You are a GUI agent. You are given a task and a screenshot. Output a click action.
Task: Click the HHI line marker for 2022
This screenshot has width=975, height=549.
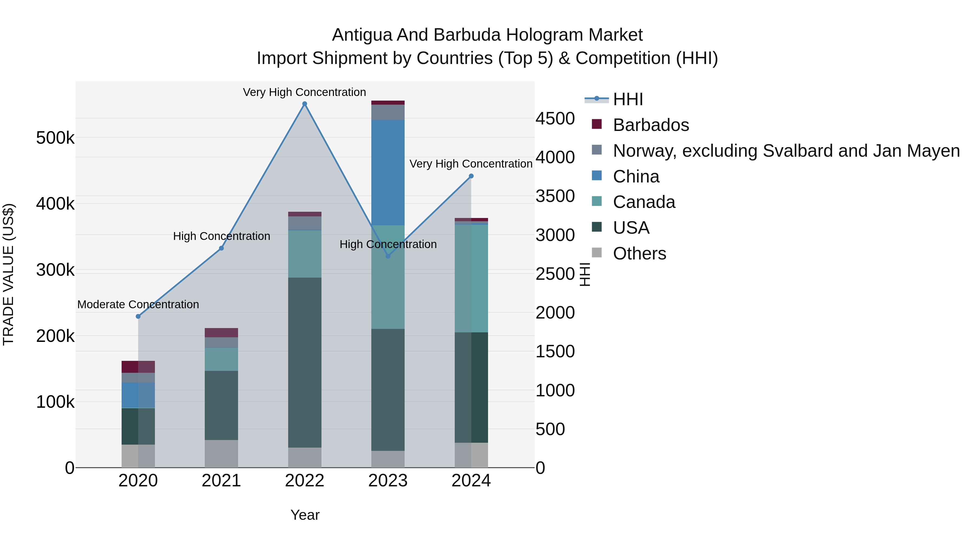tap(305, 104)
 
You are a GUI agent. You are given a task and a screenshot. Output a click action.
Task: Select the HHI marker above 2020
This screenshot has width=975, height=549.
tap(138, 316)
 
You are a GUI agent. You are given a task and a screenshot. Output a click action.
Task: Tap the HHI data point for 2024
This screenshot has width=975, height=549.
tap(471, 176)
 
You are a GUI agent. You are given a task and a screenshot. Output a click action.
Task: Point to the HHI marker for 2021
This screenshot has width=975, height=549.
tap(222, 248)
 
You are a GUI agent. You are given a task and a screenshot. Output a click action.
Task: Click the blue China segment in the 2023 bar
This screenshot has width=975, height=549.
tap(388, 172)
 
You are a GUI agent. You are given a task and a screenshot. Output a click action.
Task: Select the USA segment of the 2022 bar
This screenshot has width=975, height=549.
tap(305, 362)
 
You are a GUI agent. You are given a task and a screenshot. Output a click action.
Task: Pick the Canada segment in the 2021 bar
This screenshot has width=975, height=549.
tap(222, 359)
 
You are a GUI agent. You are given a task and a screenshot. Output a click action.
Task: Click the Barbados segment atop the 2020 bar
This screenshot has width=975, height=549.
tap(138, 367)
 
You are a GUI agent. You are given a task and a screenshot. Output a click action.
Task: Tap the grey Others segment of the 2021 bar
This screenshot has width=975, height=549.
tap(222, 454)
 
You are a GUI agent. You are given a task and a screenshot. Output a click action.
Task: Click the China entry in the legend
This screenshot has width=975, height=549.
tap(636, 176)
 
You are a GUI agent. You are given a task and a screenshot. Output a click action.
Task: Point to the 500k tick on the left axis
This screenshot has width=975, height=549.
tap(55, 138)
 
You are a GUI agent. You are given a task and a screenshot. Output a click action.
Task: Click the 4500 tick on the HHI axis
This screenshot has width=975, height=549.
tap(555, 118)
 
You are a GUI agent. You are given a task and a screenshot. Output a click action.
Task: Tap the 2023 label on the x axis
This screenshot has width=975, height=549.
tap(388, 481)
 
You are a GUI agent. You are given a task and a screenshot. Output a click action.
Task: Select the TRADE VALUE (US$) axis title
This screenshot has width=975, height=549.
tap(8, 274)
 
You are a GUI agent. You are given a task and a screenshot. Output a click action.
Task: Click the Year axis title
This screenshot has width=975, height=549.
tap(305, 515)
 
